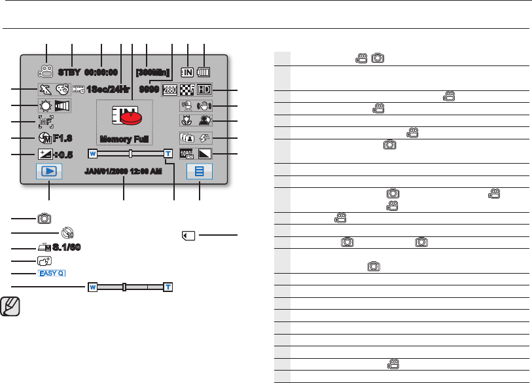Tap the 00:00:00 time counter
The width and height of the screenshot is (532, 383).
101,72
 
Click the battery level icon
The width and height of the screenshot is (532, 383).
204,72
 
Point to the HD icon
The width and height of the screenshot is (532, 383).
204,89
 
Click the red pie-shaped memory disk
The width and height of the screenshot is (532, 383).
130,119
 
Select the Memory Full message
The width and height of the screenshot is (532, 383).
124,139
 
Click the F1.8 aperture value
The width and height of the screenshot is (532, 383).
59,138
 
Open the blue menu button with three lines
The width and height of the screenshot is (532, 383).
200,172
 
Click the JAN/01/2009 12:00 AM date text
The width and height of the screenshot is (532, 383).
124,172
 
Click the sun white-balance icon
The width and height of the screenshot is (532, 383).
45,105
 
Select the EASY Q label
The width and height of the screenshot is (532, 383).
51,273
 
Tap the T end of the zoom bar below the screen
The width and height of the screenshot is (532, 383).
168,287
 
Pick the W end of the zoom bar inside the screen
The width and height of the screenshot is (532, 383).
92,154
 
